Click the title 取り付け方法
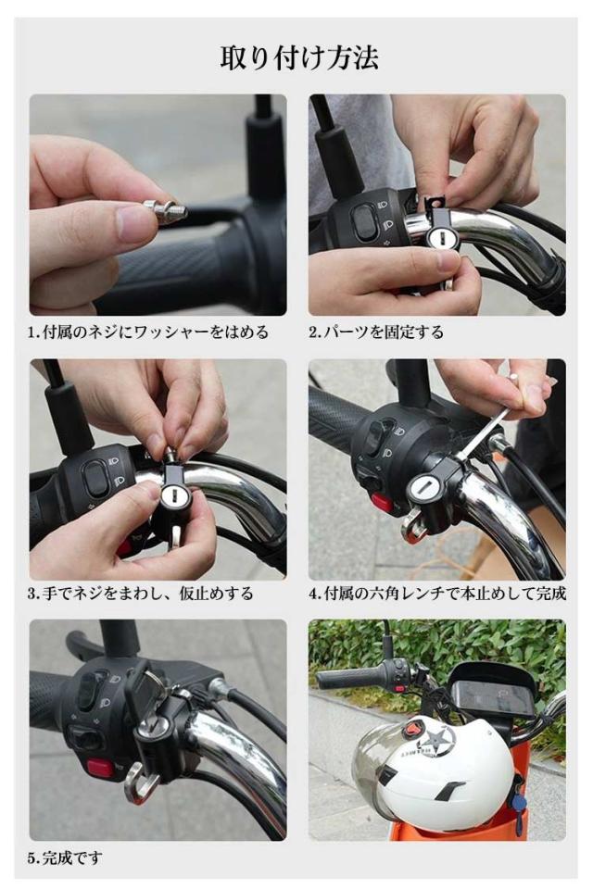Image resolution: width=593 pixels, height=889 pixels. [x=299, y=58]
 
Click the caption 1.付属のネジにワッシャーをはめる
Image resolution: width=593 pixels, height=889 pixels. [x=148, y=332]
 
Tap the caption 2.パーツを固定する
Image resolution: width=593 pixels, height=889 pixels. [x=375, y=332]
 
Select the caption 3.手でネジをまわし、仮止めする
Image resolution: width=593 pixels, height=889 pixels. [x=141, y=594]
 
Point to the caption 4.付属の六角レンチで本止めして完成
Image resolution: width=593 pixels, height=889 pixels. [x=437, y=594]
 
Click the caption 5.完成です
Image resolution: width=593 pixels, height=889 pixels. [x=65, y=858]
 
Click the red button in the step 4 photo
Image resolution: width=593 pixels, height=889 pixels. [x=381, y=502]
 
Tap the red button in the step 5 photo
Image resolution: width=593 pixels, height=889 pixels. [x=101, y=769]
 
